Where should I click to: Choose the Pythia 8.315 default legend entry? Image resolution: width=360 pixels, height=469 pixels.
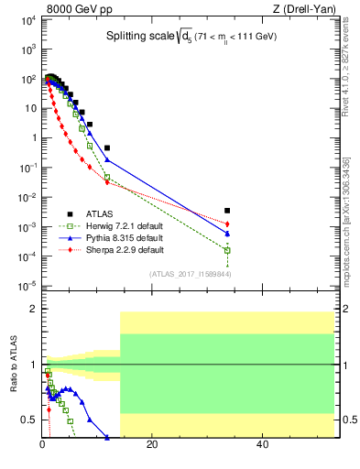coord(124,238)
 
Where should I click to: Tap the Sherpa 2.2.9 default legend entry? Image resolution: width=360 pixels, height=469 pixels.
coord(125,250)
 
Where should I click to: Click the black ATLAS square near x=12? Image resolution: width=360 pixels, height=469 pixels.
coord(107,147)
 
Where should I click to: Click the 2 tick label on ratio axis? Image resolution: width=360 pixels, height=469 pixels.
coord(33,310)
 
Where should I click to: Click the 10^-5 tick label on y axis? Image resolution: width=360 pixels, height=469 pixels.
coord(27,286)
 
